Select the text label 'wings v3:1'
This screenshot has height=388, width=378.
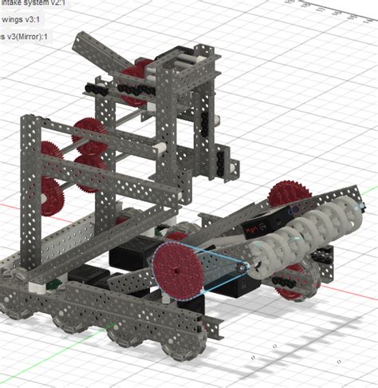coord(24,20)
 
